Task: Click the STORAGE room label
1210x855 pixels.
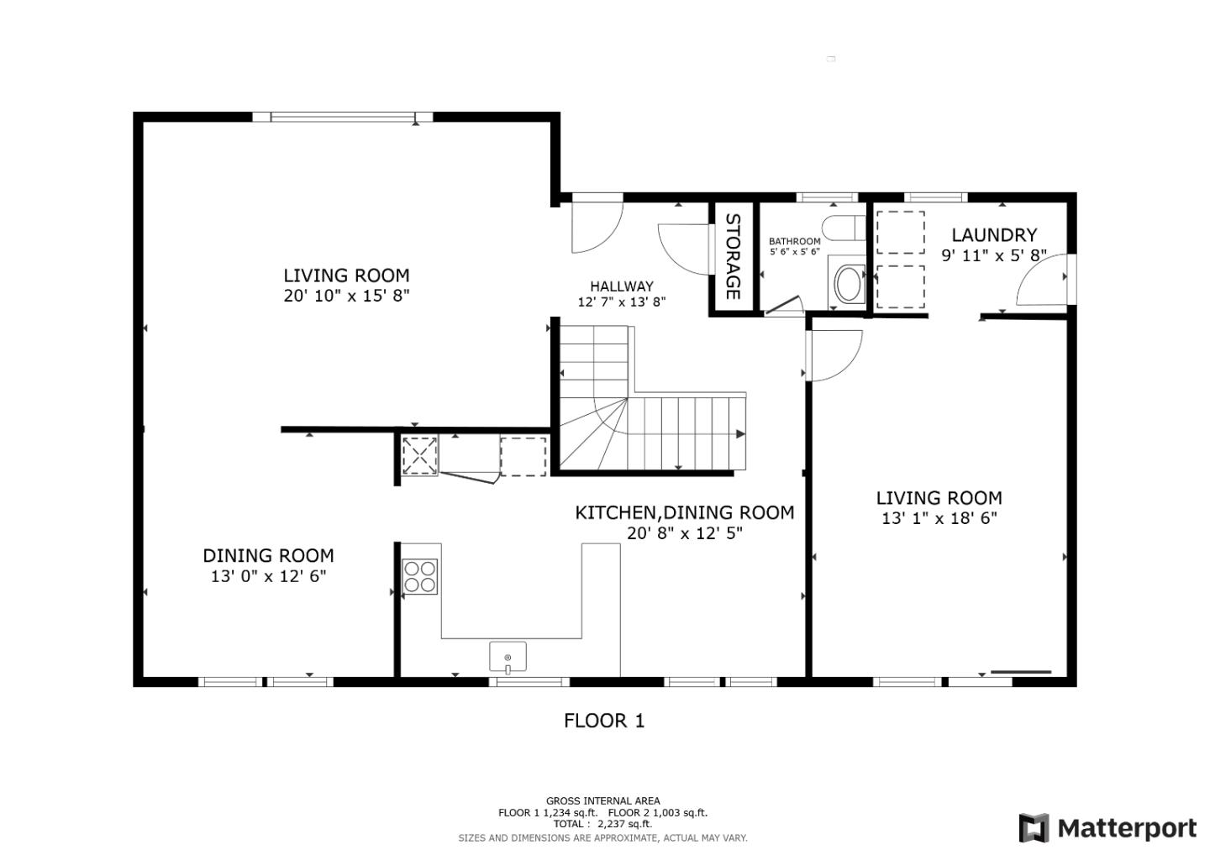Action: [733, 256]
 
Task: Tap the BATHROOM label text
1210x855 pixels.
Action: [795, 241]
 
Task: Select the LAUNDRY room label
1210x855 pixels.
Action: [994, 235]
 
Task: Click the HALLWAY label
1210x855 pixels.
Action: [622, 286]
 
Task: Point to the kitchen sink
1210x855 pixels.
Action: [508, 657]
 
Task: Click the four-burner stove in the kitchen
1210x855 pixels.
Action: [420, 577]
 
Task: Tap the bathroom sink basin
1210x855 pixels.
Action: [848, 284]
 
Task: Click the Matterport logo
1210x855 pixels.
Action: [1107, 828]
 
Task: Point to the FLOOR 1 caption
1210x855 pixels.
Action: [604, 721]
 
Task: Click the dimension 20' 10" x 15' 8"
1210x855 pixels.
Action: [347, 296]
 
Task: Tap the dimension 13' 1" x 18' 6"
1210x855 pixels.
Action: [939, 518]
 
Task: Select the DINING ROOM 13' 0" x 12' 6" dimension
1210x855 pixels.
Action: [269, 576]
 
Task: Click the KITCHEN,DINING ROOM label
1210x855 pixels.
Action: [684, 512]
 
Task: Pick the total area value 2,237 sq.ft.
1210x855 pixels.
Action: [624, 824]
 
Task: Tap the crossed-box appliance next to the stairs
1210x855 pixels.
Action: [420, 456]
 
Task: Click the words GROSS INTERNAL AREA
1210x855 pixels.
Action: [602, 801]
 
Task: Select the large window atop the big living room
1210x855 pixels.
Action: [343, 117]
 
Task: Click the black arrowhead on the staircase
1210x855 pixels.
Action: [740, 434]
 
